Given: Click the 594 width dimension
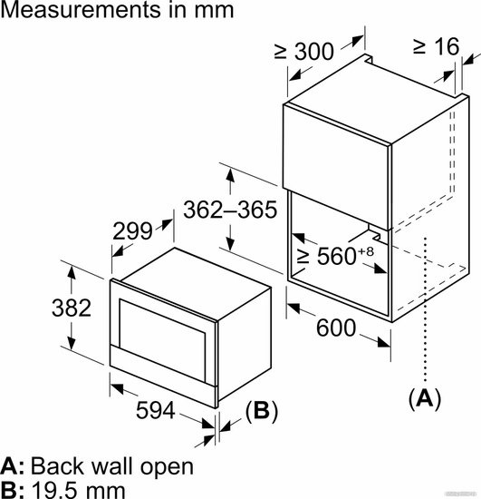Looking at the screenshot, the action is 156,410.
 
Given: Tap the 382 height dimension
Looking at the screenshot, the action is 72,308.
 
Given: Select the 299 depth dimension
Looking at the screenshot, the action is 132,231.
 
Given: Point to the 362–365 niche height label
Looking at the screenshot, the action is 230,210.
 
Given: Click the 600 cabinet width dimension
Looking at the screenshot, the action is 336,328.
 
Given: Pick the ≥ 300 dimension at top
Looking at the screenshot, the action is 304,51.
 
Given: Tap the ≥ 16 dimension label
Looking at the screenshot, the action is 437,46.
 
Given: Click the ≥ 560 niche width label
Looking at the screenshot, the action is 326,256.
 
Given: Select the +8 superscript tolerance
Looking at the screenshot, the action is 366,251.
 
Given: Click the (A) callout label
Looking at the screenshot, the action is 425,397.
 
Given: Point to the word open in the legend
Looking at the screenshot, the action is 167,466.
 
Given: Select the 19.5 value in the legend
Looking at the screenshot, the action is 53,491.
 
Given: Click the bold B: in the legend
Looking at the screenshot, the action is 13,491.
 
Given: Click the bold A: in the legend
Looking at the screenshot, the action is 13,466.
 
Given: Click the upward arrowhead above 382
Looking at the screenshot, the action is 72,272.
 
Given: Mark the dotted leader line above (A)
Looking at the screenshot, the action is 425,308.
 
